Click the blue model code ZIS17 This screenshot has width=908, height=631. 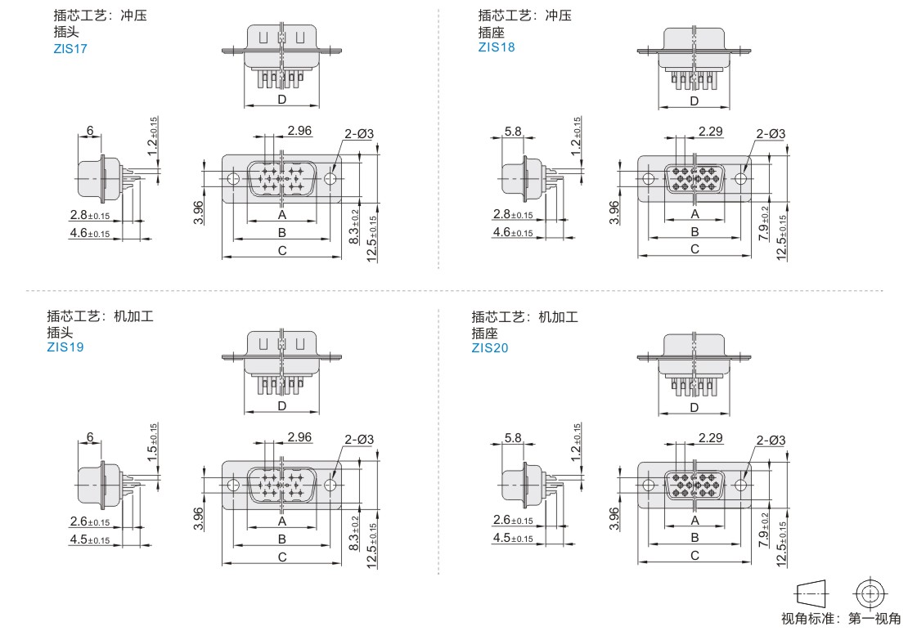click(70, 48)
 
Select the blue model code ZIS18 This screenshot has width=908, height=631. click(497, 47)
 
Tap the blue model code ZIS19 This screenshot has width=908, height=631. click(65, 347)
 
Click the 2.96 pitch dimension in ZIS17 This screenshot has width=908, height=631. click(299, 131)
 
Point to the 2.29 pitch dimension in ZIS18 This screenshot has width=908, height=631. click(711, 132)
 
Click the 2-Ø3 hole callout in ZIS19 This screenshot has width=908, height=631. click(359, 440)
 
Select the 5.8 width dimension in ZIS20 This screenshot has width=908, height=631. click(512, 438)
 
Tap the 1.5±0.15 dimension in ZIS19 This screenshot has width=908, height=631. click(152, 442)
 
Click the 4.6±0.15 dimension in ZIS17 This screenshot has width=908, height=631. click(90, 233)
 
